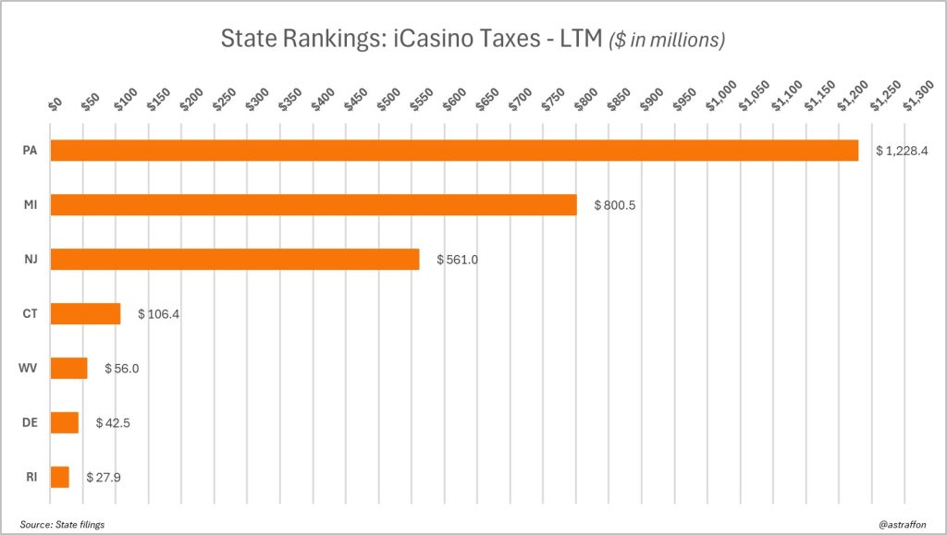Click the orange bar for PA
pyautogui.click(x=453, y=150)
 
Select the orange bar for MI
pyautogui.click(x=313, y=204)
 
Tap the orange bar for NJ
pyautogui.click(x=234, y=259)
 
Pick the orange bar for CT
pyautogui.click(x=85, y=313)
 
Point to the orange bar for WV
pyautogui.click(x=68, y=368)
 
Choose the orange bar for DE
pyautogui.click(x=64, y=422)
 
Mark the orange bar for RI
pyautogui.click(x=59, y=477)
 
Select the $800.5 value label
pyautogui.click(x=609, y=205)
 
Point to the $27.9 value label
pyautogui.click(x=104, y=478)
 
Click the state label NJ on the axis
pyautogui.click(x=31, y=260)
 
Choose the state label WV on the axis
pyautogui.click(x=30, y=369)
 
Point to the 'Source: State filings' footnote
pyautogui.click(x=62, y=524)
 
